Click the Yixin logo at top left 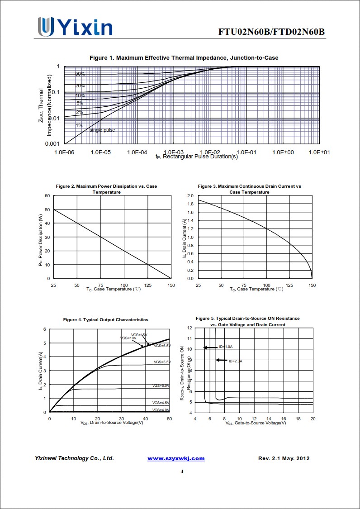[x=75, y=27]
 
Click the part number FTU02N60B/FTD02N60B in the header [x=271, y=32]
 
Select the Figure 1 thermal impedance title [x=184, y=57]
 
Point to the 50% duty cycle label [x=80, y=74]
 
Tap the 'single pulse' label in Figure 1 [x=102, y=130]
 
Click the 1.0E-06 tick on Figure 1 [x=64, y=152]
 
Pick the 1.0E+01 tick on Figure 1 [x=319, y=152]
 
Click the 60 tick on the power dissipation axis [x=47, y=195]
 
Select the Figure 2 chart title [x=106, y=189]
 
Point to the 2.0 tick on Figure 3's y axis [x=190, y=196]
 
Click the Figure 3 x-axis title [x=256, y=289]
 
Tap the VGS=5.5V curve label [x=162, y=362]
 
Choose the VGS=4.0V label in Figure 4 [x=161, y=410]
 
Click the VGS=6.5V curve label [x=162, y=346]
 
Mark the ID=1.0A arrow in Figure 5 [x=210, y=347]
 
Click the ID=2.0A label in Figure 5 [x=236, y=362]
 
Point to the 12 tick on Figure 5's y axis [x=190, y=328]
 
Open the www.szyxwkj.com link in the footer [x=176, y=458]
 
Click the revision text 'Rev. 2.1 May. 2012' [x=284, y=458]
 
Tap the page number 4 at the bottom [x=182, y=472]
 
